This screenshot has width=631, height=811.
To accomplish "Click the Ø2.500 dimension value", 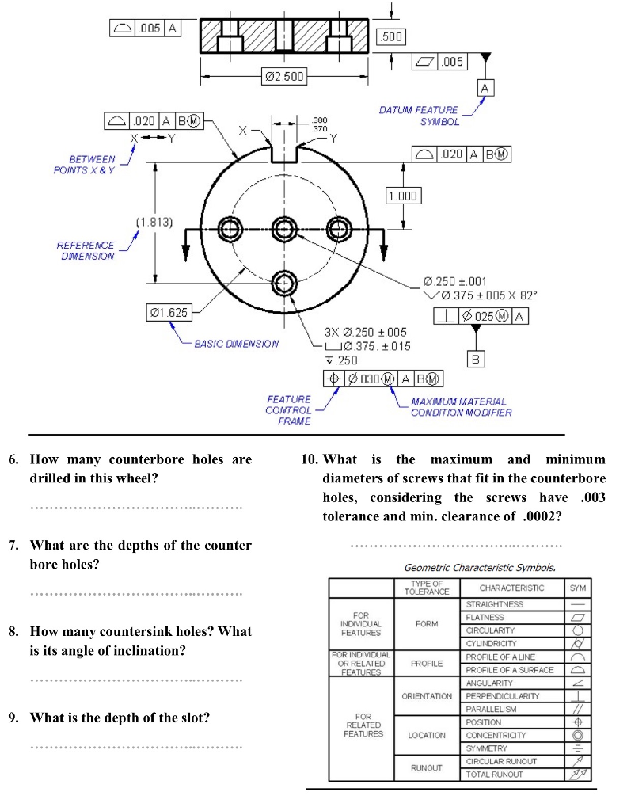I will click(x=283, y=77).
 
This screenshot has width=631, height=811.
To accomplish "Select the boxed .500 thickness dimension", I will click(x=392, y=36).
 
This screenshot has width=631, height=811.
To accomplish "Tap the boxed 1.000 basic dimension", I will click(x=402, y=196).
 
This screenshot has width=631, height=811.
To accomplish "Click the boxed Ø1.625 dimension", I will click(x=169, y=313).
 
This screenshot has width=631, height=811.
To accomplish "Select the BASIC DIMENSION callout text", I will click(x=236, y=344).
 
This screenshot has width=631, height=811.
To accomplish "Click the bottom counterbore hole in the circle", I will click(x=284, y=282).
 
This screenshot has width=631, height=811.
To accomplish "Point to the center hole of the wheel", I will click(x=284, y=230).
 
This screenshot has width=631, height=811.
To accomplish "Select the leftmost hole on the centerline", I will click(x=231, y=230).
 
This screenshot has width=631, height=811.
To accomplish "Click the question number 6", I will click(x=13, y=459).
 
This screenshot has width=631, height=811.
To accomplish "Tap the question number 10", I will click(x=310, y=459).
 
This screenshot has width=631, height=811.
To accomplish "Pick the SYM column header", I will click(x=577, y=588).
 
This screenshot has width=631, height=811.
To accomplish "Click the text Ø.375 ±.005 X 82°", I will click(x=485, y=295).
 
